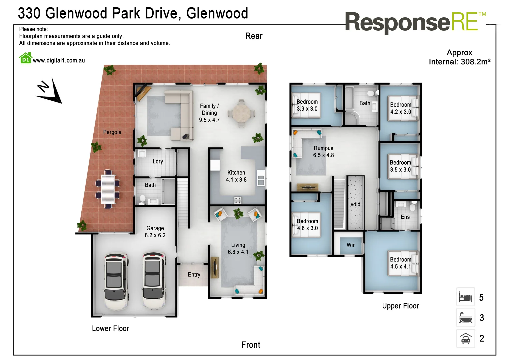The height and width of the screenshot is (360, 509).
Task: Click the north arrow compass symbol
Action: pos(49,92)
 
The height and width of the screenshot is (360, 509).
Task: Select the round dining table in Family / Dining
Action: pos(241,114)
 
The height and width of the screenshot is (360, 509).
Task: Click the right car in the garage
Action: pos(154,281)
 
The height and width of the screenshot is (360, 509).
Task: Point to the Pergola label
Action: pos(112,132)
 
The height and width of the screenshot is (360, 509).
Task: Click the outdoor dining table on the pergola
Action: pos(108,189)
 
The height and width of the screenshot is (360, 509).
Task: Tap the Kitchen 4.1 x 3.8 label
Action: pos(236,176)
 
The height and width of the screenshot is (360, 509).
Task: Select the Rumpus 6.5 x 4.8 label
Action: pos(323,152)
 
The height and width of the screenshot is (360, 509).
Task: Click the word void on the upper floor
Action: pos(355,204)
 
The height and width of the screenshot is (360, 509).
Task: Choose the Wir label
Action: pos(350,245)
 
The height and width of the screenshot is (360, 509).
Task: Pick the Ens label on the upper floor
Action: pos(405,217)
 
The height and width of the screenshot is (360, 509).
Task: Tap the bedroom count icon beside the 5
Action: pos(465,297)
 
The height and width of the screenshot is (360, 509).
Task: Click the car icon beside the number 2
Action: pos(465,338)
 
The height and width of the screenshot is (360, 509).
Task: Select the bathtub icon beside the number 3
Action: pos(465,318)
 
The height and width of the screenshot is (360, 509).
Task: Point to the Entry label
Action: pos(194,275)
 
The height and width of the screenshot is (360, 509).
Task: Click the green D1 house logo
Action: pos(25,58)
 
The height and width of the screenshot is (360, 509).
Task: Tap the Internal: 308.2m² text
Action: pos(459,62)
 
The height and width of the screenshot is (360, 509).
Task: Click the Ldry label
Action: pos(158,162)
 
